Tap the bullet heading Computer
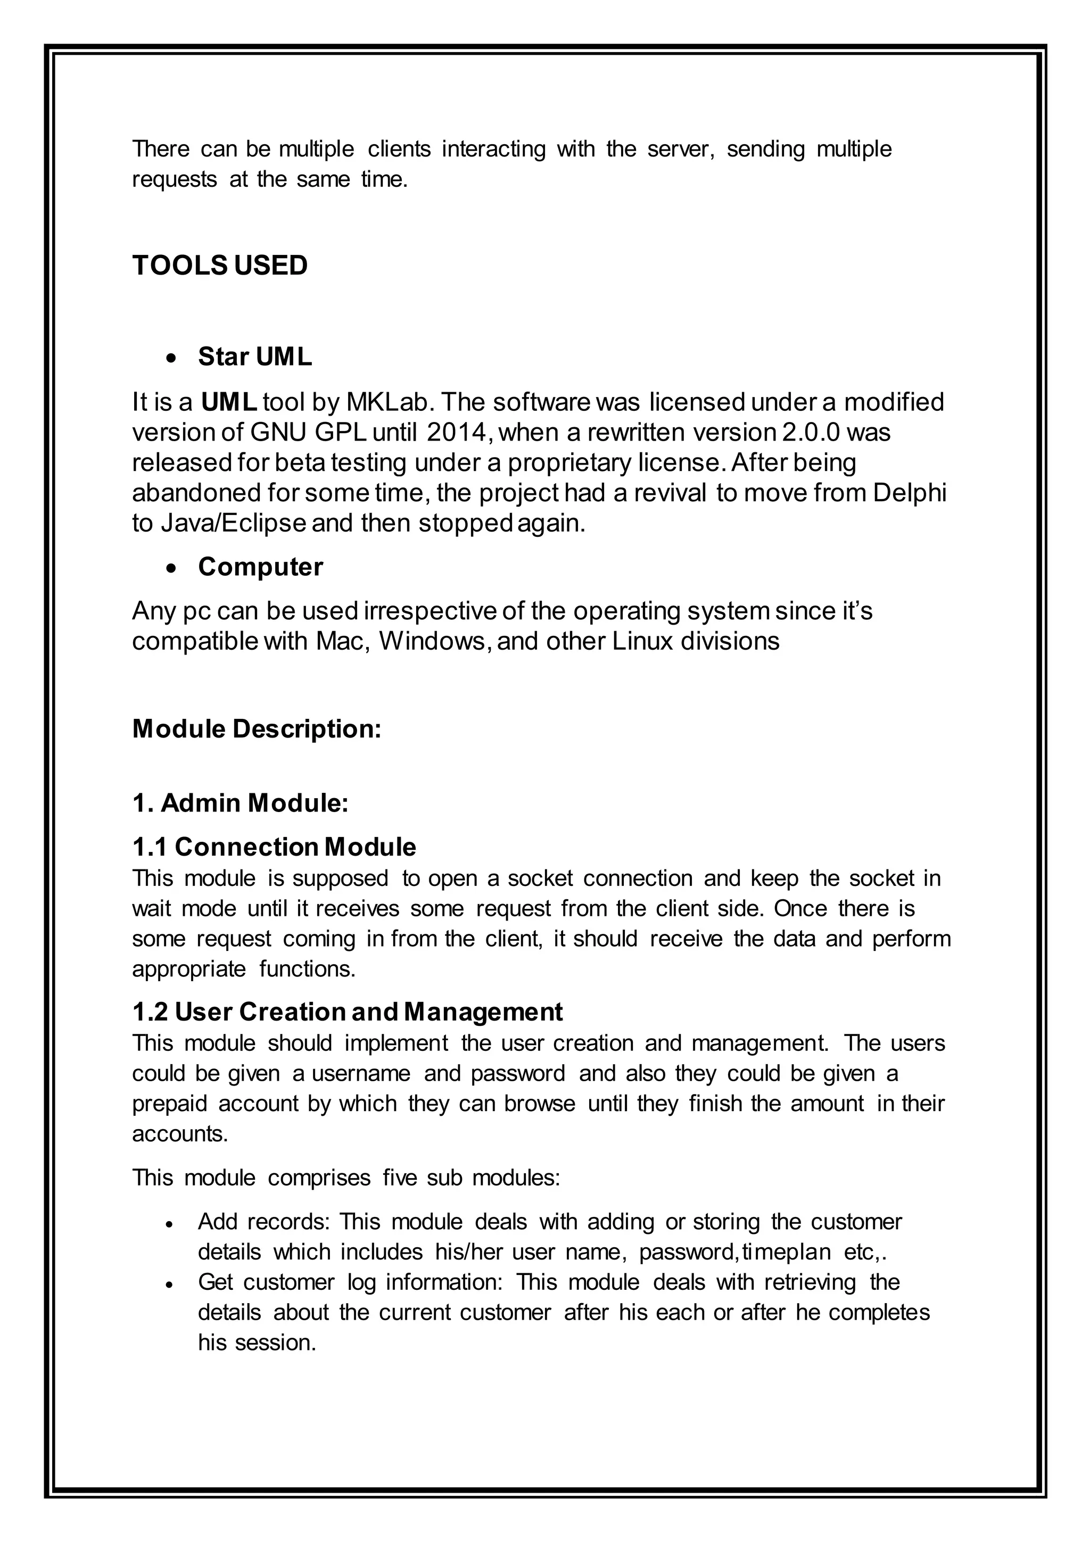coord(260,567)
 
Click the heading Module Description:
coord(257,729)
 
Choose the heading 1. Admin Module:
coord(240,803)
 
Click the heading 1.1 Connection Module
coord(274,847)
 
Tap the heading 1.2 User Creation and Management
coord(347,1012)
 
